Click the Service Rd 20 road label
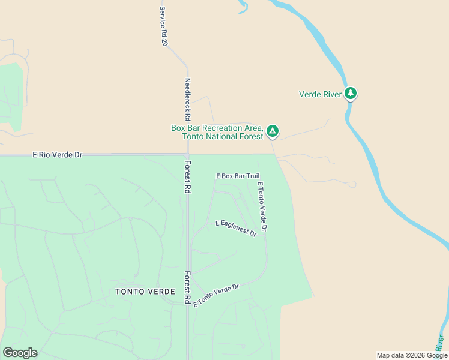[x=163, y=26]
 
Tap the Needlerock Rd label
[x=187, y=99]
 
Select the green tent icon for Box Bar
[x=272, y=130]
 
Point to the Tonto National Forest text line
[x=222, y=137]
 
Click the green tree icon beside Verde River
[x=351, y=94]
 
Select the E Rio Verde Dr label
[x=57, y=155]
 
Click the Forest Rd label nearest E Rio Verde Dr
[x=187, y=176]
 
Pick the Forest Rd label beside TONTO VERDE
[x=187, y=287]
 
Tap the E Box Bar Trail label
[x=238, y=176]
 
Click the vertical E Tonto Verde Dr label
[x=261, y=206]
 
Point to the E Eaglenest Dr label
[x=236, y=228]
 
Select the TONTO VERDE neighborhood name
[x=145, y=292]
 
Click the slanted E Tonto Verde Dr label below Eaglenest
[x=216, y=295]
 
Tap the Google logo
[x=20, y=353]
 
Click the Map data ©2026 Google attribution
[x=412, y=355]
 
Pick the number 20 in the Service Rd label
[x=164, y=43]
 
